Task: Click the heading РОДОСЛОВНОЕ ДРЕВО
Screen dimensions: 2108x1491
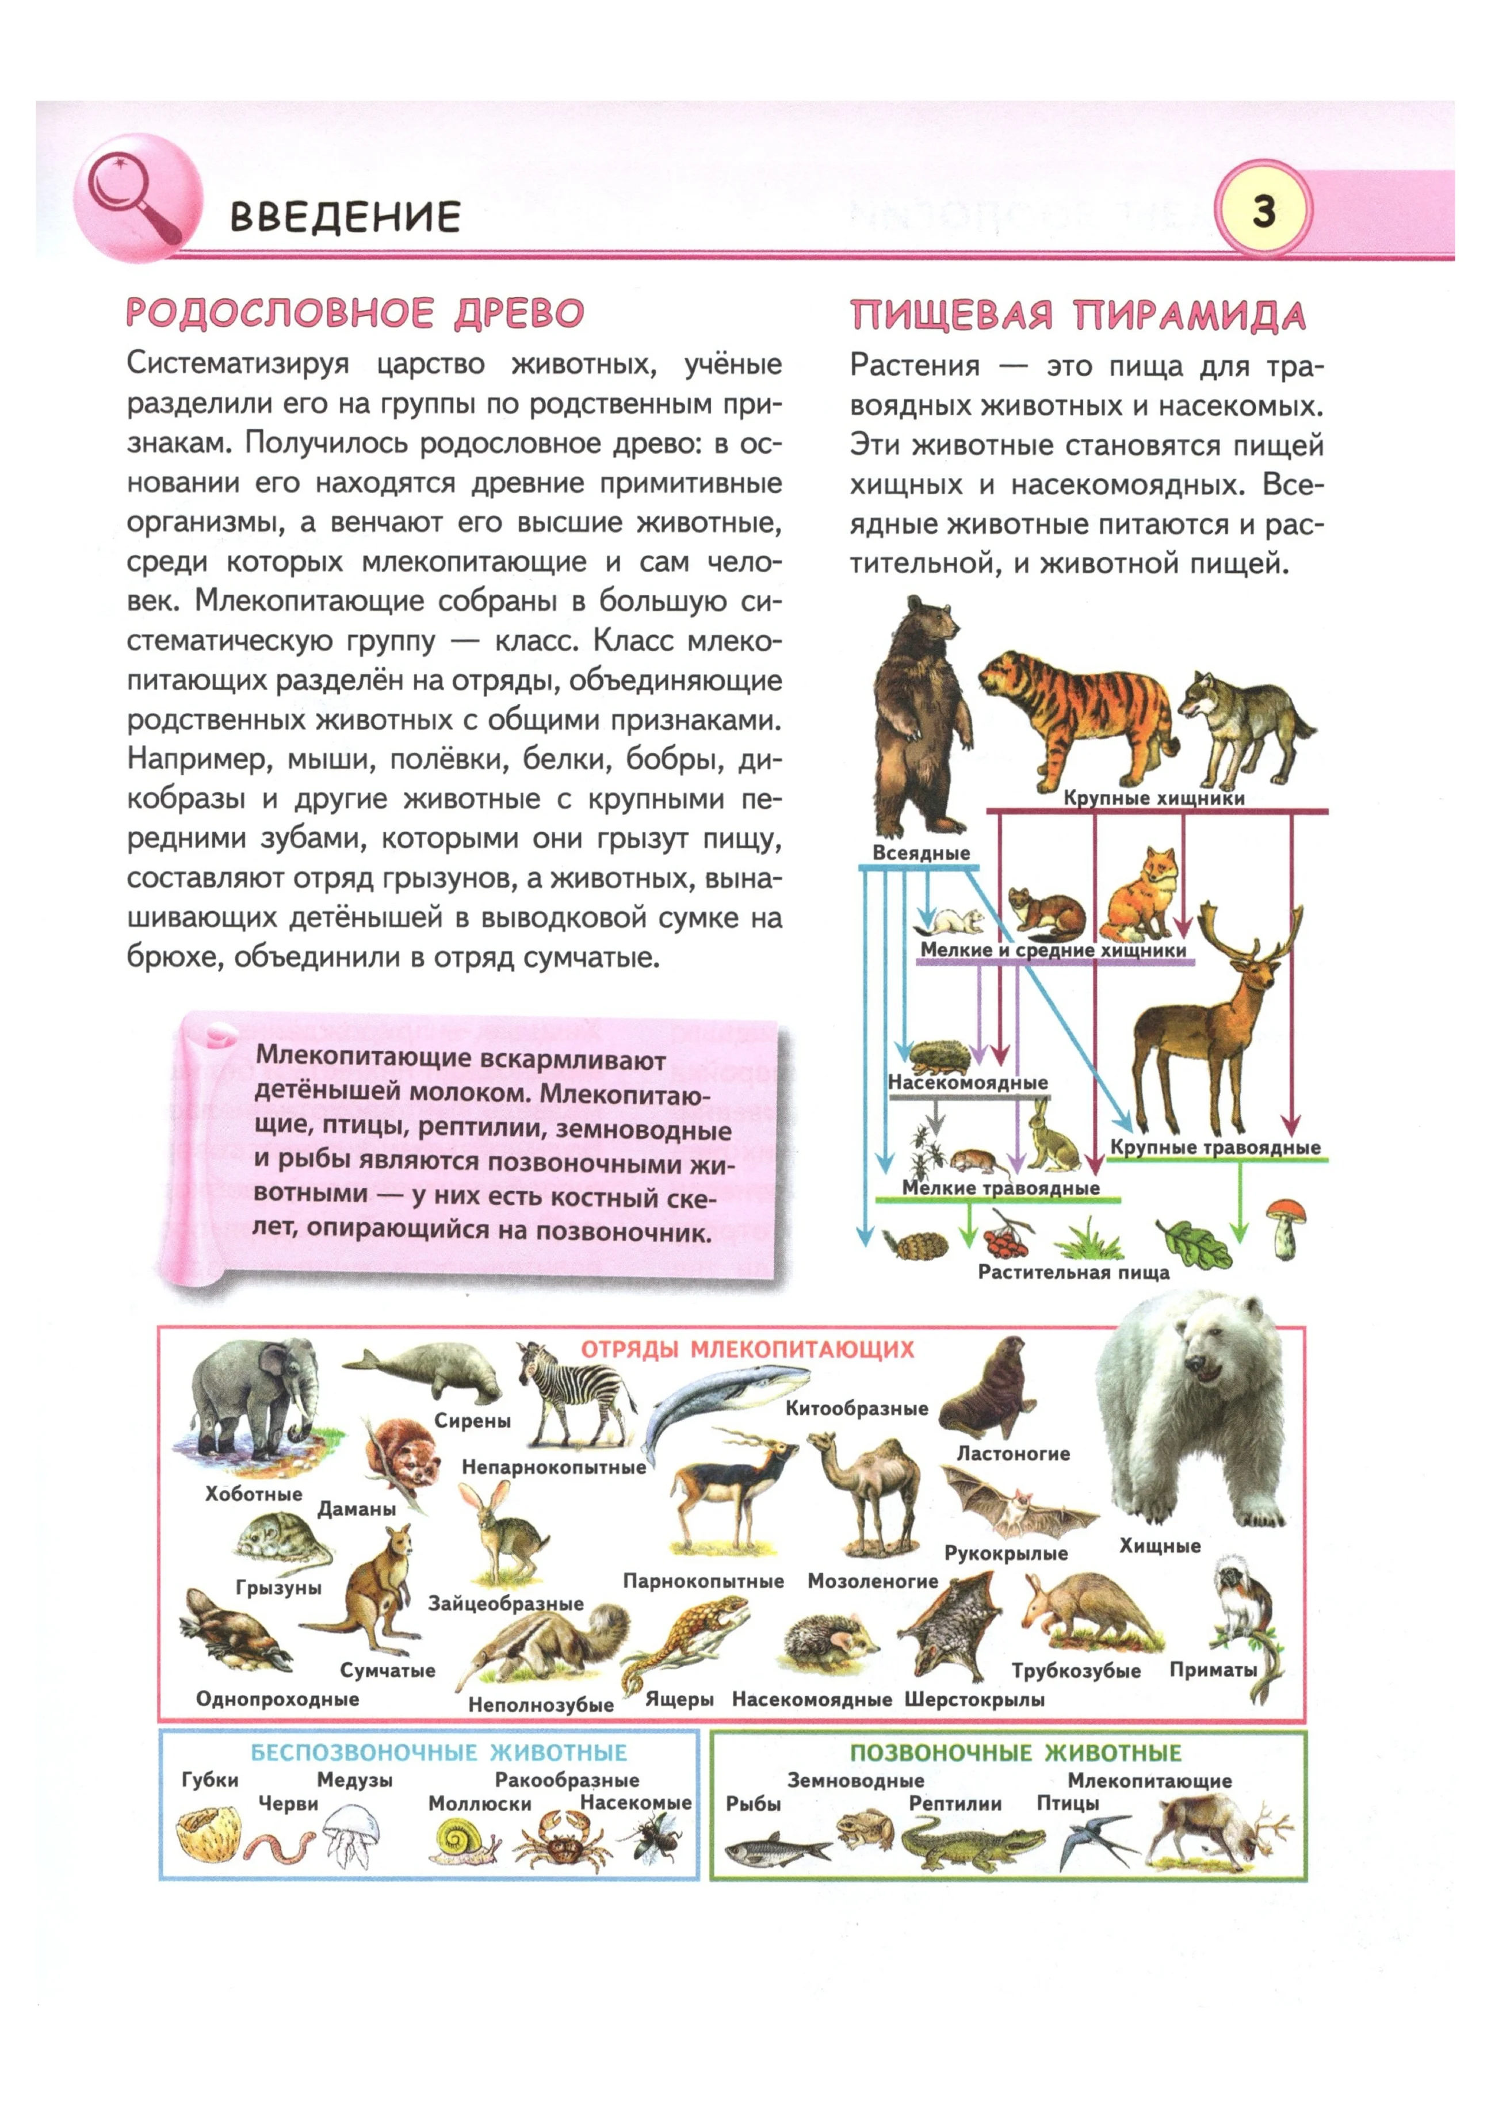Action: click(x=355, y=313)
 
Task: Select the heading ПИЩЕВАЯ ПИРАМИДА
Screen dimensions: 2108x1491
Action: click(x=1077, y=315)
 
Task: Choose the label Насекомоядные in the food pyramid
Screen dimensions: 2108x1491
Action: click(x=968, y=1084)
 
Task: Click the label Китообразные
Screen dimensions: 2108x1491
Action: click(x=857, y=1409)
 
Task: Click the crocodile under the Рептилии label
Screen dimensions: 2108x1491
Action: click(x=972, y=1845)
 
